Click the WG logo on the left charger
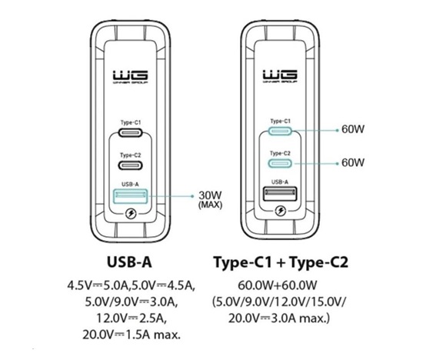point(130,77)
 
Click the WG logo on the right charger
point(280,76)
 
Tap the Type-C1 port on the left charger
point(130,132)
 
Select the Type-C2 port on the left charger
point(130,165)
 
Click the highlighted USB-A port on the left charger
point(130,196)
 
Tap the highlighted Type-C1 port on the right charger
point(280,131)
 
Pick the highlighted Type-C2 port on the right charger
point(280,163)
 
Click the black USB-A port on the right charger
point(280,194)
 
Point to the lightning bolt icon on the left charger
point(131,215)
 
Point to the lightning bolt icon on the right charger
point(280,211)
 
